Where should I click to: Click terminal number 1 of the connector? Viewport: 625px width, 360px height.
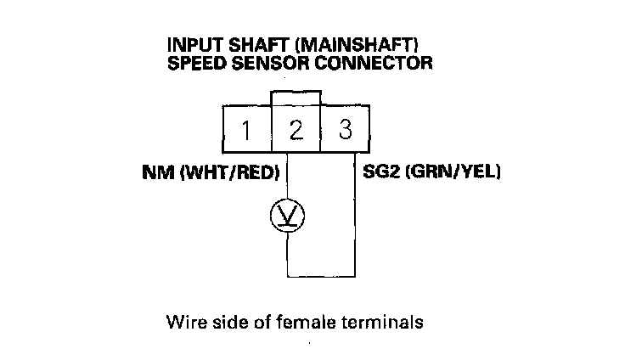pyautogui.click(x=245, y=131)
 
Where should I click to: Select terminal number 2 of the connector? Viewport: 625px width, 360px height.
pyautogui.click(x=296, y=131)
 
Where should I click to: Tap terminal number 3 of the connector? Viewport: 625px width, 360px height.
pyautogui.click(x=345, y=131)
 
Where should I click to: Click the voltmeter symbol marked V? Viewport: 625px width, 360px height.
pyautogui.click(x=287, y=217)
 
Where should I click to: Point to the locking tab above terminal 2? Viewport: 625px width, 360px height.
pyautogui.click(x=296, y=98)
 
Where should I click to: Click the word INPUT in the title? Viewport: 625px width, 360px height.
pyautogui.click(x=194, y=45)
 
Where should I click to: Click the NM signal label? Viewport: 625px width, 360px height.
pyautogui.click(x=155, y=172)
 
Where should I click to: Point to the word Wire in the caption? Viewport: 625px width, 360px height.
pyautogui.click(x=184, y=323)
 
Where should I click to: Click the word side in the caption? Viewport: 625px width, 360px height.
pyautogui.click(x=224, y=323)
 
